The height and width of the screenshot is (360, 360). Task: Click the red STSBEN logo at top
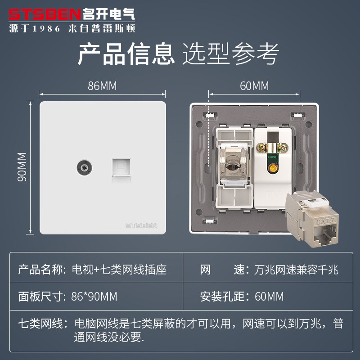(45, 13)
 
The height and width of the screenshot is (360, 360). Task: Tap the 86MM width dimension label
(102, 86)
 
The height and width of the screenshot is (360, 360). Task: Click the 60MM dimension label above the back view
(254, 86)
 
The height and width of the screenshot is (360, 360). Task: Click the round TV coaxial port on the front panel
(82, 167)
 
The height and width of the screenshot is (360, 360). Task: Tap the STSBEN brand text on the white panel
(141, 225)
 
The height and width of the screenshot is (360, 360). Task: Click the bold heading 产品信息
(126, 54)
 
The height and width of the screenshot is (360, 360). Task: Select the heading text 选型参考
(230, 54)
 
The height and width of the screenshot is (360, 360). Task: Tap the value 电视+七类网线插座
(119, 270)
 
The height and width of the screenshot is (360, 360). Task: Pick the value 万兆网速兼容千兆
(293, 270)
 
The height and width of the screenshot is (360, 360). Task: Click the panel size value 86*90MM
(94, 297)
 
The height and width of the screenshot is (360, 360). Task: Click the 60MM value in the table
(269, 297)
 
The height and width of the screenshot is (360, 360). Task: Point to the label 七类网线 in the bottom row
(38, 324)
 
